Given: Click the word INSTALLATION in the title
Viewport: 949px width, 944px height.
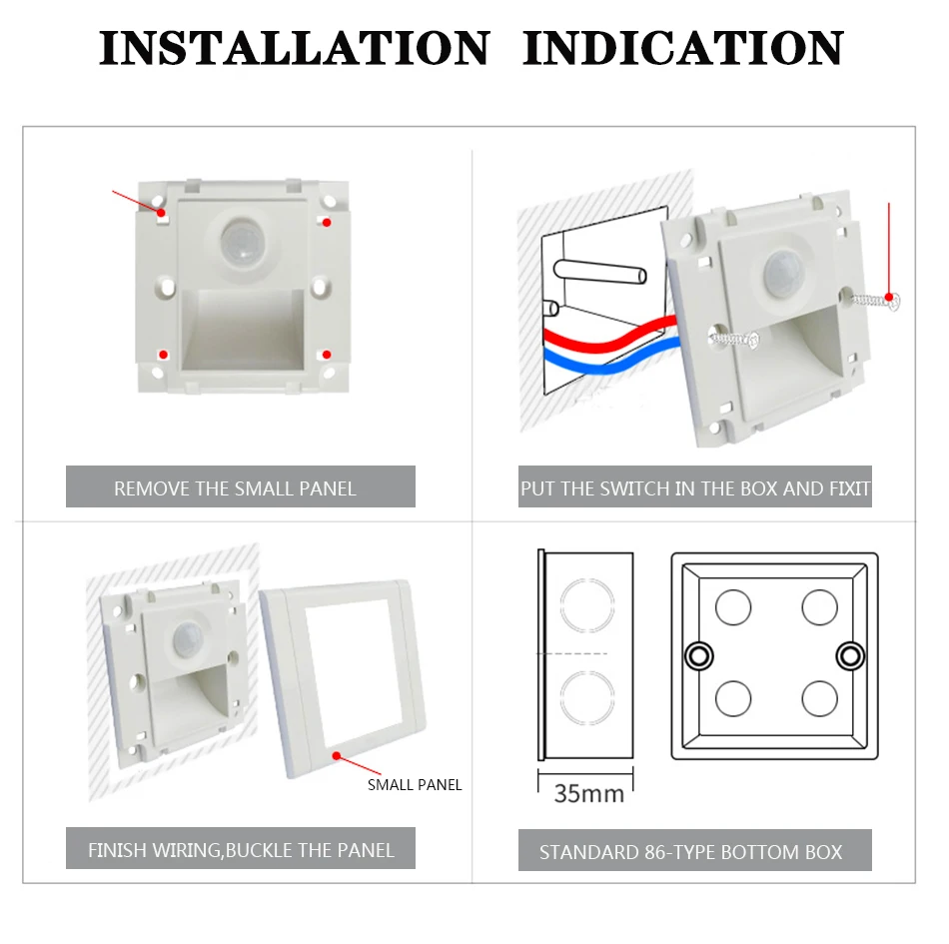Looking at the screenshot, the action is click(294, 48).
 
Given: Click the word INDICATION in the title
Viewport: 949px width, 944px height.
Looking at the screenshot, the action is click(683, 48).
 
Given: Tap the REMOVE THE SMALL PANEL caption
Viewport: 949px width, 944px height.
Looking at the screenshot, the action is click(235, 488).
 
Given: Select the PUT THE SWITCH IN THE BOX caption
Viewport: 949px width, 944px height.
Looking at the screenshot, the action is click(695, 488).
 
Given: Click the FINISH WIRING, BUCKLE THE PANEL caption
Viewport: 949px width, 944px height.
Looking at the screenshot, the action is click(241, 850).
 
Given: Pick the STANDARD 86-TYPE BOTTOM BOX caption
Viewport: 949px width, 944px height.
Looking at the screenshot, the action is click(690, 852).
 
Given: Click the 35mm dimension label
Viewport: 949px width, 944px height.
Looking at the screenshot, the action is click(589, 793).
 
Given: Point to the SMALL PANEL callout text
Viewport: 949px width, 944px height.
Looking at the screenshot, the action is click(415, 785).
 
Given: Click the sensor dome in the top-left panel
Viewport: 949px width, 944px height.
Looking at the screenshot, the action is click(242, 242).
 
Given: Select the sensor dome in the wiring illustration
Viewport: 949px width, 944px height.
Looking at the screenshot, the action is click(784, 274).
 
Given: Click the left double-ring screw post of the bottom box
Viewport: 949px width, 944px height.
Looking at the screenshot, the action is click(699, 656).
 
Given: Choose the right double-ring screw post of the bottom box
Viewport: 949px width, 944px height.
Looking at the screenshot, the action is click(850, 656).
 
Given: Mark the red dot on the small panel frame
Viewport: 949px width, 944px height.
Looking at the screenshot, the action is click(337, 756).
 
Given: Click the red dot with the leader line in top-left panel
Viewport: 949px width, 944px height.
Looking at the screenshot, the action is click(161, 213).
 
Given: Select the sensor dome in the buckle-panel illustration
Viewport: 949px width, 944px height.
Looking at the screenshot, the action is click(188, 639).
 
